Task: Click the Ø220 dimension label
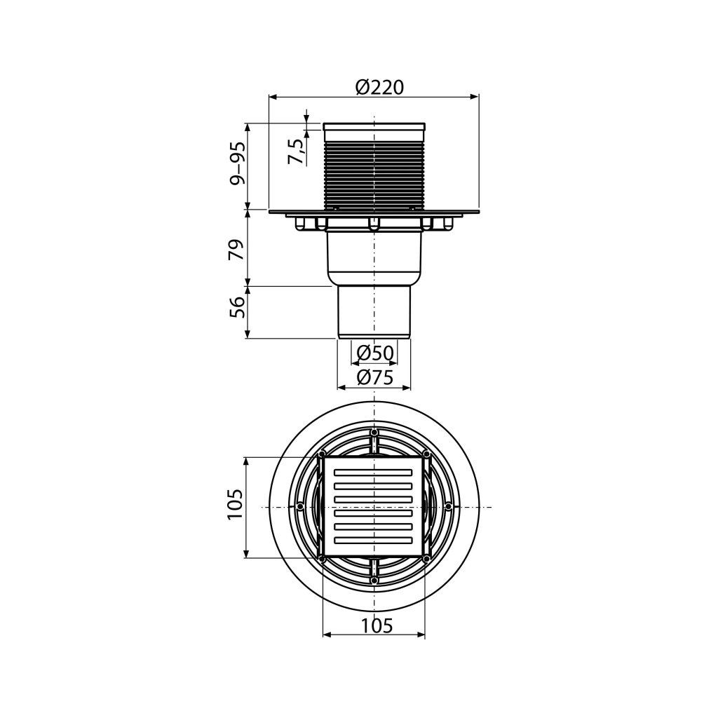tap(379, 88)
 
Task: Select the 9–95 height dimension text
tap(238, 163)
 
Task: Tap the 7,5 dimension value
tap(297, 151)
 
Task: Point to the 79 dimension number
tap(237, 250)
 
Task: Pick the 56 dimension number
tap(237, 307)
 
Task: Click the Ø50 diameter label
tap(375, 353)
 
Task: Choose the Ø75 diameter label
tap(375, 377)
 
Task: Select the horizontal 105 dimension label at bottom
tap(377, 625)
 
